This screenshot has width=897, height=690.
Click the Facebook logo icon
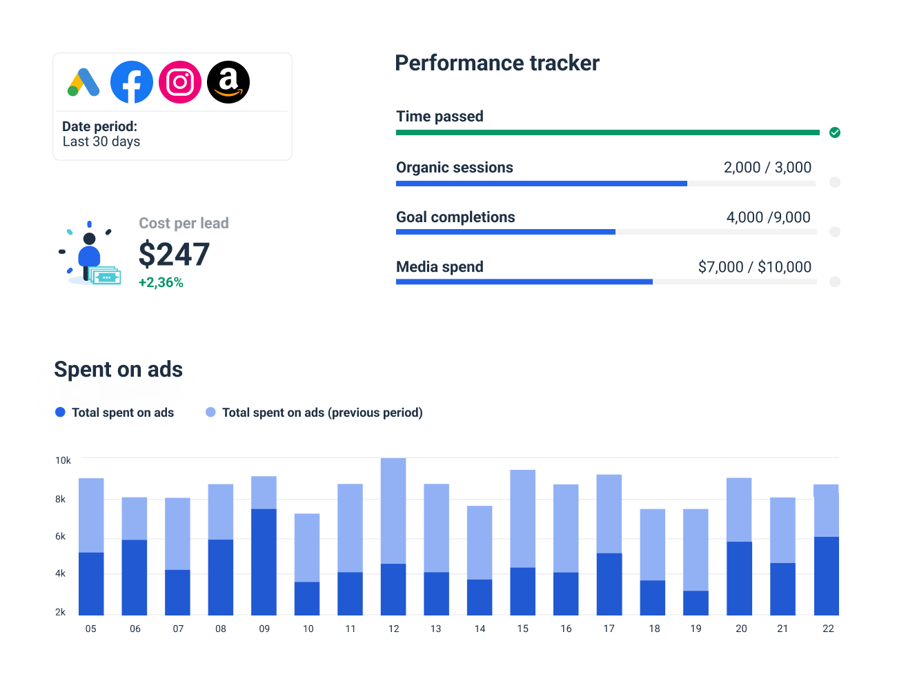click(132, 82)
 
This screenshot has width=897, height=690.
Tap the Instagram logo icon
click(180, 82)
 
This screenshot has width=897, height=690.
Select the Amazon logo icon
click(228, 82)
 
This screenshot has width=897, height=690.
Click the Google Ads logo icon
click(83, 82)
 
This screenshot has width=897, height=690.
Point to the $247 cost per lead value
click(174, 255)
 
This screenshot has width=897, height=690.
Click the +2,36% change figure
click(161, 283)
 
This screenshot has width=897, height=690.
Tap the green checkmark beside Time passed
click(835, 132)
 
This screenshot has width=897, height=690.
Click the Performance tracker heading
click(497, 63)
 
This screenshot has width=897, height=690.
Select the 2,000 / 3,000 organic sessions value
click(767, 168)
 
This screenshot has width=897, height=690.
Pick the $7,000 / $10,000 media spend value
click(754, 267)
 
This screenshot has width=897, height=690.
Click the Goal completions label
click(455, 217)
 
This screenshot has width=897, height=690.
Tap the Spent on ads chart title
click(118, 370)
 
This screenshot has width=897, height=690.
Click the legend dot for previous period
click(210, 413)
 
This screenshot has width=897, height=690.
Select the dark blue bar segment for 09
click(264, 562)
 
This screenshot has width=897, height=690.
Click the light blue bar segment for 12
click(393, 511)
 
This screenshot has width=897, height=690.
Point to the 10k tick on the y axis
click(63, 460)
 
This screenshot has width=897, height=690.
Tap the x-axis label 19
click(696, 629)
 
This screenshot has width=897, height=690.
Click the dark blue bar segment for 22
click(826, 575)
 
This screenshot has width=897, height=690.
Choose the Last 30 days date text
click(101, 141)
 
